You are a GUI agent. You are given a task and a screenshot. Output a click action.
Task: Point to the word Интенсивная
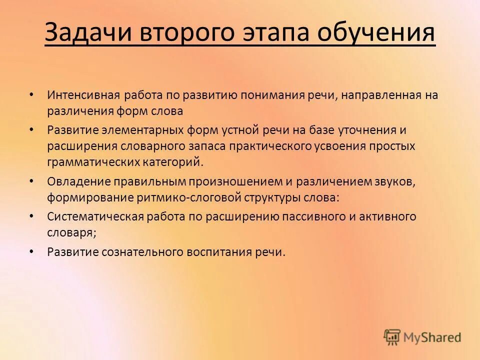click(80, 95)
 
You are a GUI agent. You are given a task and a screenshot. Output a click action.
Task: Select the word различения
click(74, 110)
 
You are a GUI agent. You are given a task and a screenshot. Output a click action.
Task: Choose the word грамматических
click(89, 162)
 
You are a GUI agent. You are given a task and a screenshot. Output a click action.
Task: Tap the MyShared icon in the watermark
click(392, 337)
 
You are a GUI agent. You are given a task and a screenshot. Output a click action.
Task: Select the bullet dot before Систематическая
click(31, 216)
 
